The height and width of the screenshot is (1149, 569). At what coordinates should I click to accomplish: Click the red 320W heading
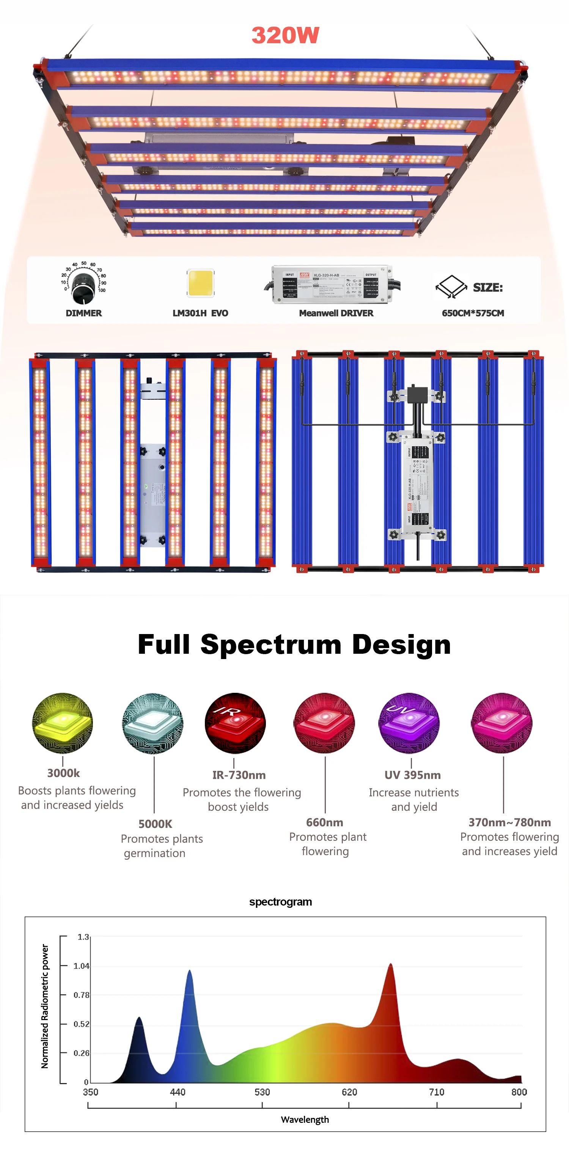pyautogui.click(x=285, y=35)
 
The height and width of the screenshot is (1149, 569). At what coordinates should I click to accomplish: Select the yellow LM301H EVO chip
pyautogui.click(x=200, y=283)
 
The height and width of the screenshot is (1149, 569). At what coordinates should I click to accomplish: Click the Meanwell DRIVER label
pyautogui.click(x=336, y=313)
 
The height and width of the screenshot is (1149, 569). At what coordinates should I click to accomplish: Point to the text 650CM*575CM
pyautogui.click(x=473, y=313)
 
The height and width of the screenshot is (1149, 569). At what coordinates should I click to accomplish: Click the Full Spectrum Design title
pyautogui.click(x=294, y=645)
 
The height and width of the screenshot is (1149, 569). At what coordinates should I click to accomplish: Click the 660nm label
pyautogui.click(x=324, y=822)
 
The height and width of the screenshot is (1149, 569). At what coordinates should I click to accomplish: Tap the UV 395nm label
pyautogui.click(x=412, y=775)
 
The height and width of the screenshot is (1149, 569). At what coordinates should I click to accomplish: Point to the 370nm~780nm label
pyautogui.click(x=509, y=822)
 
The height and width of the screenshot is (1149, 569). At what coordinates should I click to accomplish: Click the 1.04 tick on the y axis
pyautogui.click(x=81, y=966)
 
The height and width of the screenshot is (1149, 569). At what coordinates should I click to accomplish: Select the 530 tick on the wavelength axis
pyautogui.click(x=262, y=1092)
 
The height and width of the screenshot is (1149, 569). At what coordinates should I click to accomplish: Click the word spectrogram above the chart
pyautogui.click(x=280, y=901)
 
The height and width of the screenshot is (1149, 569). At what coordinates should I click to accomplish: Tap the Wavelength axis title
pyautogui.click(x=305, y=1119)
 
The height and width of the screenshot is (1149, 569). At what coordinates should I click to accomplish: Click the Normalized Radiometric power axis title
pyautogui.click(x=45, y=1006)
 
